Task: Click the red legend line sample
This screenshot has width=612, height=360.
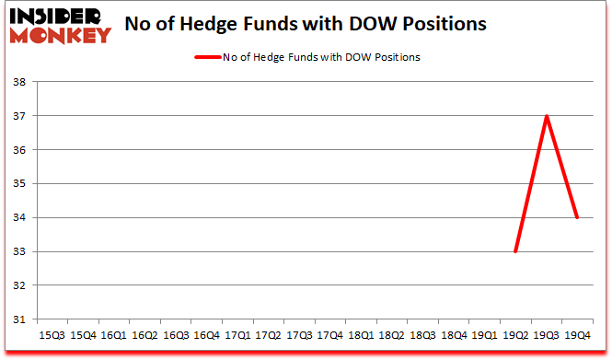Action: click(x=207, y=57)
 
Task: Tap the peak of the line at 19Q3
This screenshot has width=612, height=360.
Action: click(x=547, y=116)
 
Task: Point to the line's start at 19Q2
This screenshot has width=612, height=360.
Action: click(x=515, y=251)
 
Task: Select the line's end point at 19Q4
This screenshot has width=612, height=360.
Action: click(x=578, y=217)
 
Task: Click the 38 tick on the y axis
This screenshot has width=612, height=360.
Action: click(x=18, y=82)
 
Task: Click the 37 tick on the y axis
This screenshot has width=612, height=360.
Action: click(x=18, y=116)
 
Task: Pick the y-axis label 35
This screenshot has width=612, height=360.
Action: click(x=18, y=184)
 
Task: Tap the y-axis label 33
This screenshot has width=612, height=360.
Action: click(x=18, y=251)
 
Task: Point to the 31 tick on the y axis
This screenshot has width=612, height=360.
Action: click(x=18, y=319)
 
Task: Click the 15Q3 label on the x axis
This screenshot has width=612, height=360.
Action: click(x=51, y=335)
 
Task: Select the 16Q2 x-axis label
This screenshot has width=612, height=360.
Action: click(x=144, y=335)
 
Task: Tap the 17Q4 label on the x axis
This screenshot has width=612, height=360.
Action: click(x=329, y=335)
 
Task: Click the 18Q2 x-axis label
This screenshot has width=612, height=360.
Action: click(x=391, y=335)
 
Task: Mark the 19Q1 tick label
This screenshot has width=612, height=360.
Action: click(x=485, y=335)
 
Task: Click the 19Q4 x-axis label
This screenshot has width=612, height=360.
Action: click(x=578, y=335)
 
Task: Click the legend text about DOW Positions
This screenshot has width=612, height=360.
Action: click(x=321, y=57)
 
